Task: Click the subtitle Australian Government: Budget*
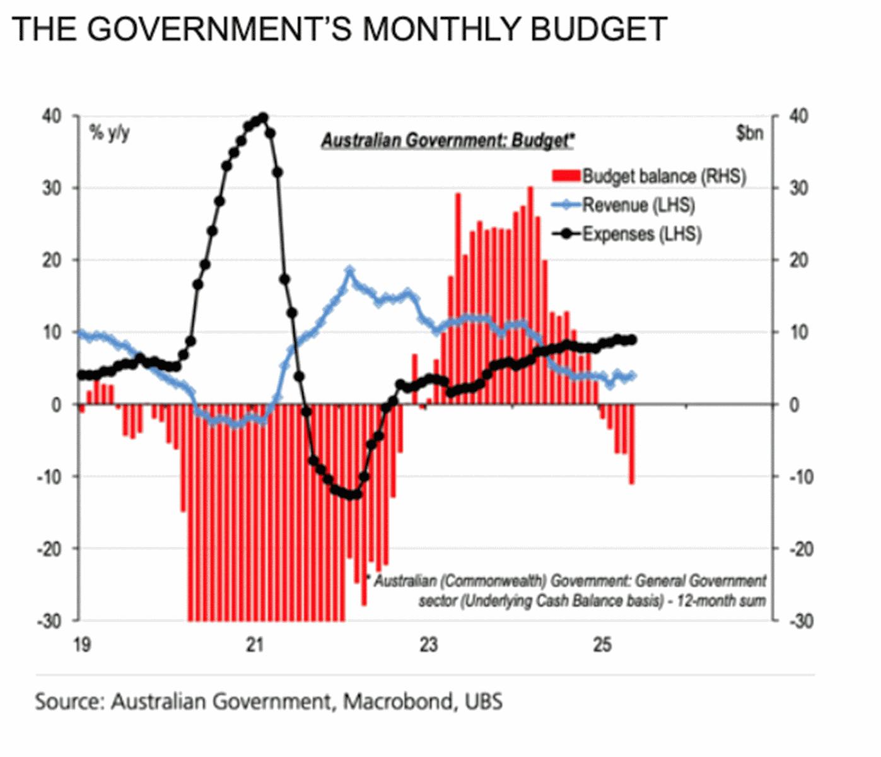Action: (x=448, y=140)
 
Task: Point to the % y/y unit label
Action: (x=108, y=132)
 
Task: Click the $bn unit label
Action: (x=749, y=132)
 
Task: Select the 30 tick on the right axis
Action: (x=798, y=188)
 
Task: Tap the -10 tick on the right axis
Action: (x=802, y=476)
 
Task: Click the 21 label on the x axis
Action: (x=254, y=645)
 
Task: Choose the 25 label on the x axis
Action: (x=603, y=645)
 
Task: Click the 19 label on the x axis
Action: (x=81, y=645)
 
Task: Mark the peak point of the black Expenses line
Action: (x=264, y=117)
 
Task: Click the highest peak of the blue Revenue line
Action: (x=350, y=271)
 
